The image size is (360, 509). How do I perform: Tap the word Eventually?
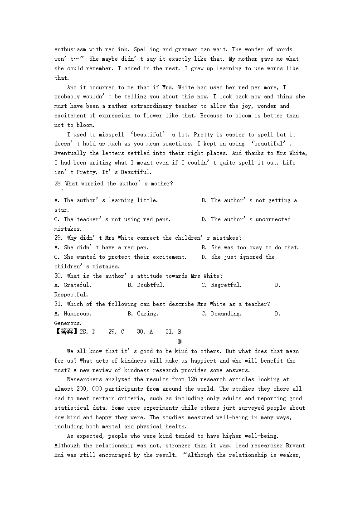tap(70, 153)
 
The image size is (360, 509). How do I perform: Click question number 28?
tap(58, 184)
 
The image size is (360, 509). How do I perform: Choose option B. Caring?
tap(143, 314)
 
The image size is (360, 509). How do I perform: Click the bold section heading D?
tap(180, 341)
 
